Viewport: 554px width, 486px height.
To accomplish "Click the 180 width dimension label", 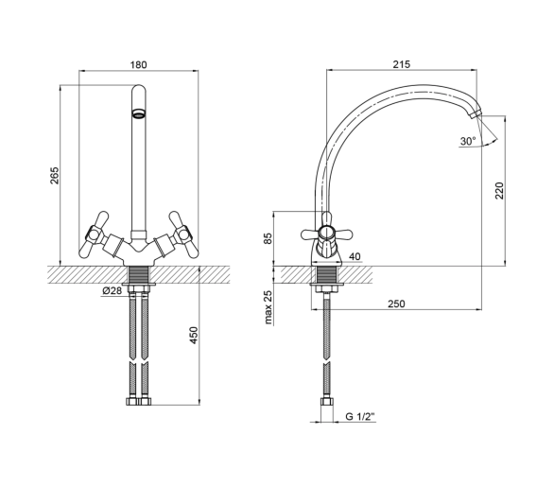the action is pos(138,65).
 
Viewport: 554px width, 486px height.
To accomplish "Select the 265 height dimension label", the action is pos(55,175).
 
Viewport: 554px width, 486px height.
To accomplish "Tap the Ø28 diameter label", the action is pos(112,290).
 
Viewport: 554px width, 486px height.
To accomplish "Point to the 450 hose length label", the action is pos(194,335).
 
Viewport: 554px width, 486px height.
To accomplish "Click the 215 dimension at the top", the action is pos(402,64).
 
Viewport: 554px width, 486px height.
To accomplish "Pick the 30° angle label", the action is pos(468,142).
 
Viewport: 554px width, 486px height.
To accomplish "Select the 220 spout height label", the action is pos(499,191).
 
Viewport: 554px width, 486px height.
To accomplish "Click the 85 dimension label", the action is pos(268,238).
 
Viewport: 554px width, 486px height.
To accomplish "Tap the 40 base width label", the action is pos(355,256).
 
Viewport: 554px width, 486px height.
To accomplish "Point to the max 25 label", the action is pos(268,307).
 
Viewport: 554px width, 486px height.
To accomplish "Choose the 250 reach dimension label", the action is pos(396,304).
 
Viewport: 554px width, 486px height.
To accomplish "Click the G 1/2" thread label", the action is pos(359,417).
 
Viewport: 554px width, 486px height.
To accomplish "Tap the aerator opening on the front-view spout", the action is pos(139,113).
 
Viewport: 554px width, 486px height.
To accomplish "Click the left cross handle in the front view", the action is pos(95,234).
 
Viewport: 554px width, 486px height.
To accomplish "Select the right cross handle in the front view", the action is pos(182,234).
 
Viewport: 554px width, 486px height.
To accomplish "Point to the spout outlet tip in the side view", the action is pos(475,113).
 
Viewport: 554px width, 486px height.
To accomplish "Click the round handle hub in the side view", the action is pos(326,234).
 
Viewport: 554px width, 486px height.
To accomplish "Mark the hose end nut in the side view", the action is pos(327,402).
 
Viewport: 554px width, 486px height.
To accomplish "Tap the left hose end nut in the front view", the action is pos(132,402).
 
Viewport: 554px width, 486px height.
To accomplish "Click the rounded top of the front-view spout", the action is pos(138,89).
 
